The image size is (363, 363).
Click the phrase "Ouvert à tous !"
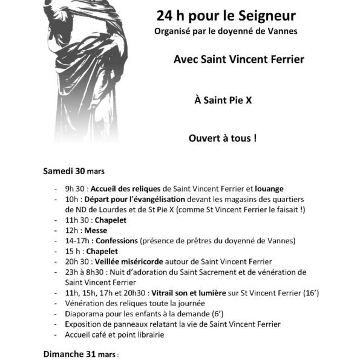tap(223, 138)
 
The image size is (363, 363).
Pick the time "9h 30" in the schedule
tap(76, 189)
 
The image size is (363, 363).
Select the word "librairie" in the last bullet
tap(148, 335)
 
